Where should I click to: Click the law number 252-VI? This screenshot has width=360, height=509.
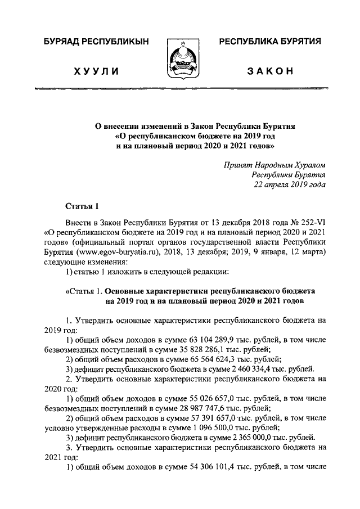pos(311,222)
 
